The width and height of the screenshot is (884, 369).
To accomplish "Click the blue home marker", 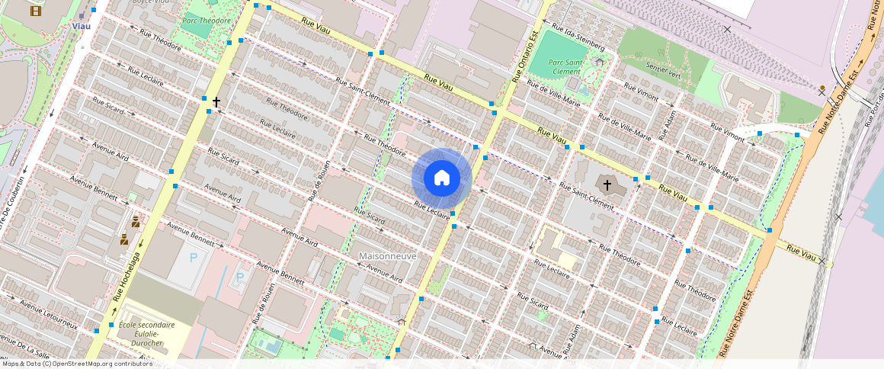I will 441,178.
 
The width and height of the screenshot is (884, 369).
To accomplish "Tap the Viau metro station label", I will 81,26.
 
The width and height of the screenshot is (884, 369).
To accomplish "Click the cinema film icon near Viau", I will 36,11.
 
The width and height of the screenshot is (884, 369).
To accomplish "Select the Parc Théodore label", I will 206,21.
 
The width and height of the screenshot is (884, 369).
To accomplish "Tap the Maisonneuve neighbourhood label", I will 388,256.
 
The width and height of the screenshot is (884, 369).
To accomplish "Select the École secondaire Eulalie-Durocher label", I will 146,334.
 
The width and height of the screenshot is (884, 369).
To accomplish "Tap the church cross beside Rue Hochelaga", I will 216,101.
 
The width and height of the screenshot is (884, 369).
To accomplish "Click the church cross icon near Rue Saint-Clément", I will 607,184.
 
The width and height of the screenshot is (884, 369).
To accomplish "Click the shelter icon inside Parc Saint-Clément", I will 600,62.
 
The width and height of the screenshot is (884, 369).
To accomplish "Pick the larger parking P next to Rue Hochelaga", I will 194,258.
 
